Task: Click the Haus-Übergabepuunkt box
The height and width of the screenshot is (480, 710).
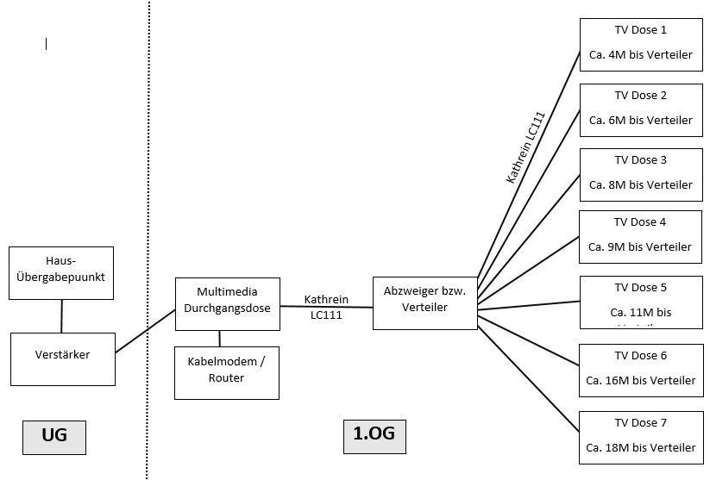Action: [x=61, y=272]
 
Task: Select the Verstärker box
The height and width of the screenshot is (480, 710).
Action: [x=62, y=358]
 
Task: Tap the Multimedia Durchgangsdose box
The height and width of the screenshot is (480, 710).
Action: [x=227, y=303]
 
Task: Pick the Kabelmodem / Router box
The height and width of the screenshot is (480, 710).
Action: [x=227, y=372]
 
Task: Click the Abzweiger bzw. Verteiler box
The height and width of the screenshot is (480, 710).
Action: [x=424, y=302]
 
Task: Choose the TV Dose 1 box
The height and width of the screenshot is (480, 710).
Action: [x=640, y=44]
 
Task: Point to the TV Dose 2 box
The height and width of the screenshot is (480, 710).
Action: [x=640, y=109]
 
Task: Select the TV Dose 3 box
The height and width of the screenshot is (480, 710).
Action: [x=640, y=174]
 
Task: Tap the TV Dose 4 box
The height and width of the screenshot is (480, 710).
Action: [x=640, y=236]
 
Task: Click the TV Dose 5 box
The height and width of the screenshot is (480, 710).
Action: [x=640, y=302]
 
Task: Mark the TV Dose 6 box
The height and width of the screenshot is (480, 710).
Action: [x=640, y=369]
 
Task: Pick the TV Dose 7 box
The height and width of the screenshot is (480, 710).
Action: [x=640, y=437]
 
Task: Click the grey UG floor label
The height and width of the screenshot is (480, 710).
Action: [x=54, y=436]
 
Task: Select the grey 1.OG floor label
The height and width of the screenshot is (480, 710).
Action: [x=374, y=434]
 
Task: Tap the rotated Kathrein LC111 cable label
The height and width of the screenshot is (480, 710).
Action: [x=525, y=146]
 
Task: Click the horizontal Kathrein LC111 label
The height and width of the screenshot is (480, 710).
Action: [x=326, y=307]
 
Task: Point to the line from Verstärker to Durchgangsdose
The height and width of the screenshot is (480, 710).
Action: [x=145, y=331]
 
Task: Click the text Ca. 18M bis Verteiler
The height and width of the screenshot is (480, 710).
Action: [x=640, y=448]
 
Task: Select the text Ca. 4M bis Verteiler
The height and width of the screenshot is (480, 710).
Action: [x=640, y=55]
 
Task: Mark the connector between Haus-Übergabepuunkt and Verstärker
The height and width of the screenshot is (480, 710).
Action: [x=61, y=316]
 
